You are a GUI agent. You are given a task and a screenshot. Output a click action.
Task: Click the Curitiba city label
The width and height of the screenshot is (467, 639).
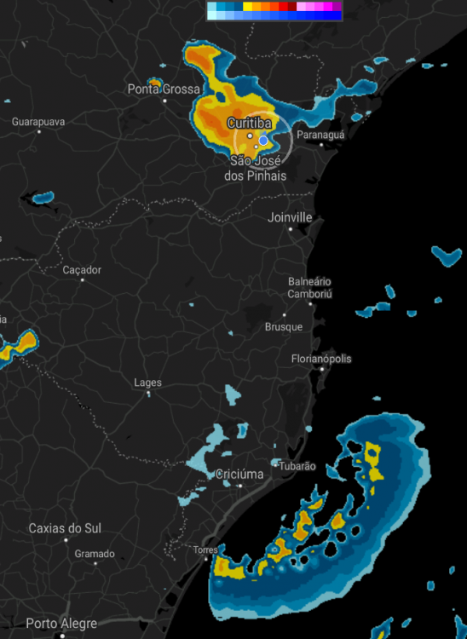(249, 124)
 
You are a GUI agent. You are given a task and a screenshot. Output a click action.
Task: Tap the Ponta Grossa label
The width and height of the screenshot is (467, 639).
(164, 89)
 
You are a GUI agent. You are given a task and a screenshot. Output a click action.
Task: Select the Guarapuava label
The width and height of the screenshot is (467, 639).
(38, 122)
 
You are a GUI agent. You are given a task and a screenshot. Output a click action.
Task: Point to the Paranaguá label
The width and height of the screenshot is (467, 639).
(320, 135)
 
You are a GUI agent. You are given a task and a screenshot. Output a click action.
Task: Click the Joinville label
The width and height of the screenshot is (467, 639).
(290, 217)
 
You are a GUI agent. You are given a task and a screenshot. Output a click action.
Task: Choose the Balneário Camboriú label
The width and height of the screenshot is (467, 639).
(309, 288)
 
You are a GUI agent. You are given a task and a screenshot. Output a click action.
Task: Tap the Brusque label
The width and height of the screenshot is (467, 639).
(284, 327)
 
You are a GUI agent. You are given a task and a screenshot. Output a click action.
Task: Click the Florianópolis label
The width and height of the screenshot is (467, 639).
(321, 359)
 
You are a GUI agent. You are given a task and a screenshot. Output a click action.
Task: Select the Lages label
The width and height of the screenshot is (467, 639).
(147, 383)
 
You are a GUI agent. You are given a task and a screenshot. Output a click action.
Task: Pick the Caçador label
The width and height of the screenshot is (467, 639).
(82, 270)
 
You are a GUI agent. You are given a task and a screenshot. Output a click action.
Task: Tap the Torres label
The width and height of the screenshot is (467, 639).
(205, 550)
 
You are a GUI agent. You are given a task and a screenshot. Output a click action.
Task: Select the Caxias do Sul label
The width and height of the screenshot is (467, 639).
(65, 528)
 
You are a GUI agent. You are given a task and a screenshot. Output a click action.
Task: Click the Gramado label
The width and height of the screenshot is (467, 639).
(94, 554)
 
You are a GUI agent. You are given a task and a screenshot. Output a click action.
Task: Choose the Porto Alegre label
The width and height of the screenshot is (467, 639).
(61, 624)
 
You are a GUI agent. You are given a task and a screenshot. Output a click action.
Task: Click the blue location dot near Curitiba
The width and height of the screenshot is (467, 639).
(263, 140)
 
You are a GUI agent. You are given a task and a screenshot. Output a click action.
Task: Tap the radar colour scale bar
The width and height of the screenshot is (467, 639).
(274, 10)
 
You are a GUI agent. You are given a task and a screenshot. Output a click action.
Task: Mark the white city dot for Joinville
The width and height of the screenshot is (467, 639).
(290, 229)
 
